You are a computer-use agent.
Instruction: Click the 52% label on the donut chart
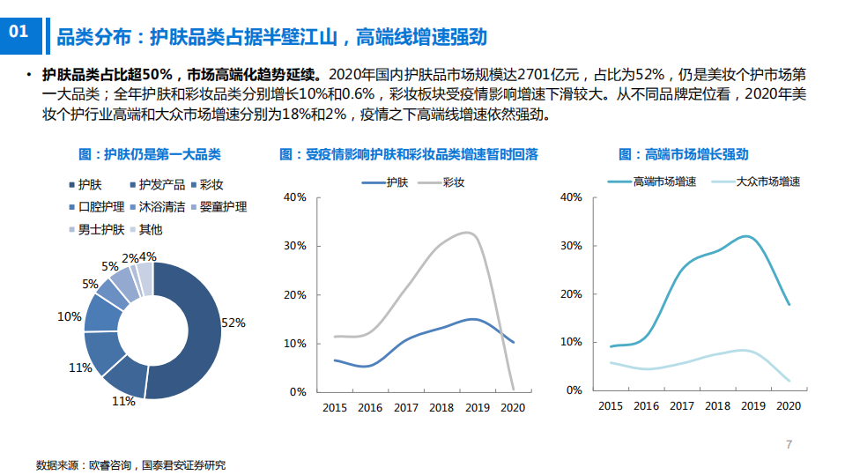[233, 323]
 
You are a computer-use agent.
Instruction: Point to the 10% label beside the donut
[70, 316]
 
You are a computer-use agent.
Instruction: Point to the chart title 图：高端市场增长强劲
[683, 154]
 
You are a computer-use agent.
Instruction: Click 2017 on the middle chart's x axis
[406, 408]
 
